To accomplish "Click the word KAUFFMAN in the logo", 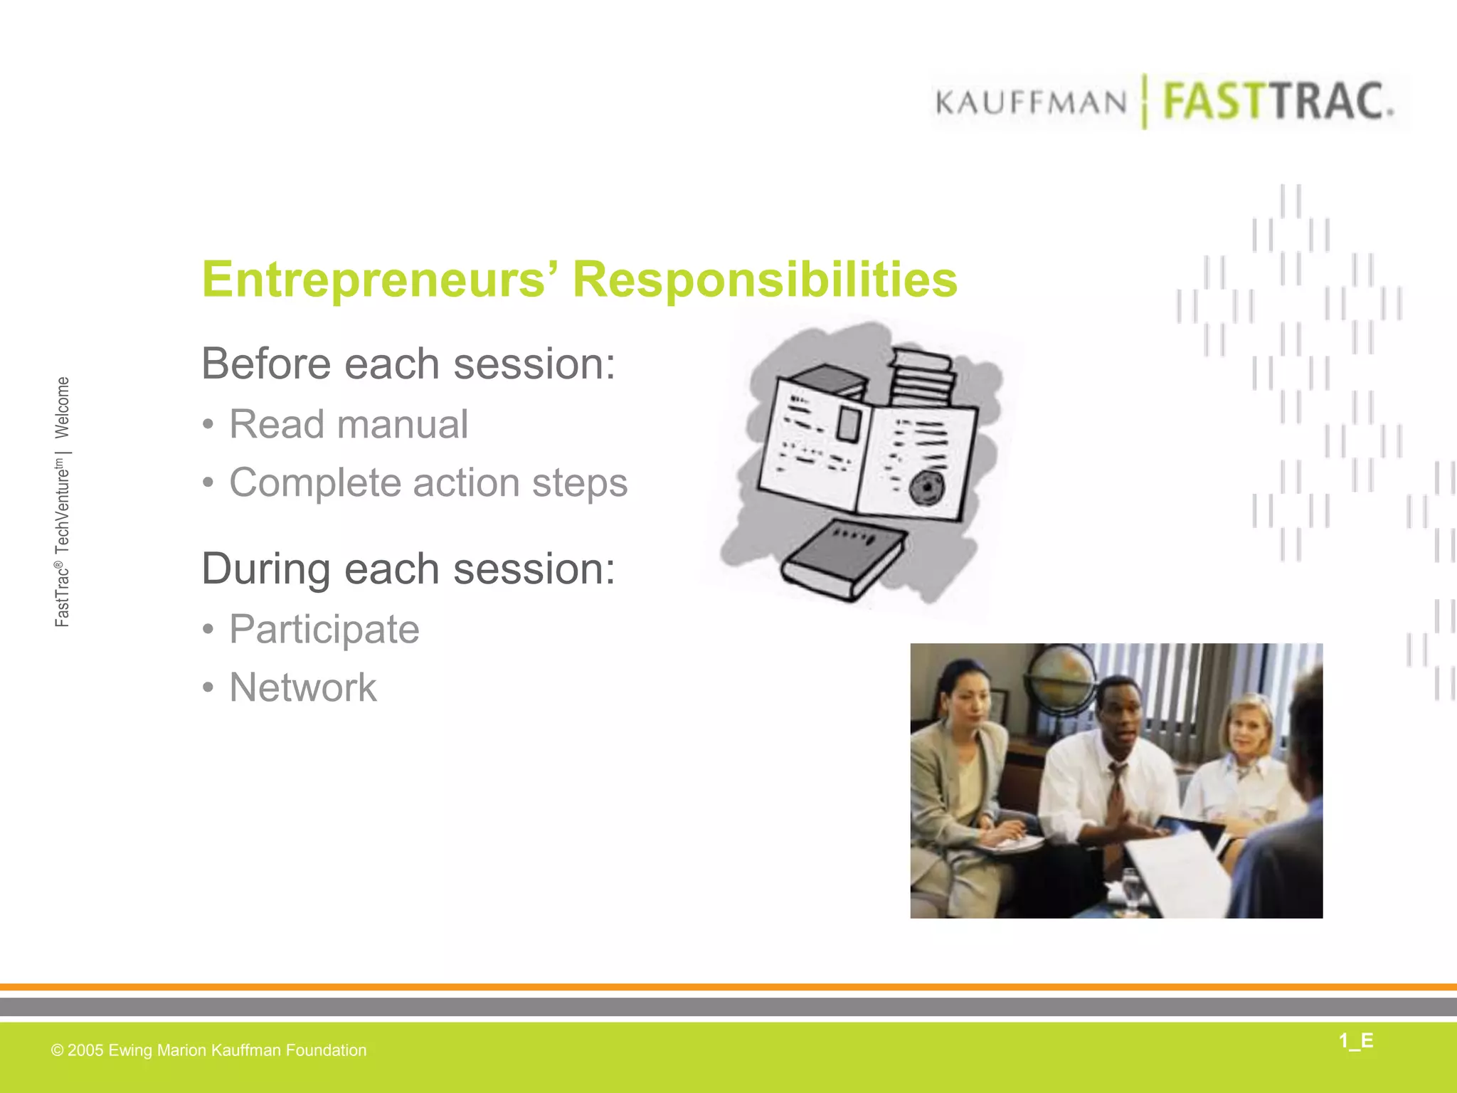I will (1031, 103).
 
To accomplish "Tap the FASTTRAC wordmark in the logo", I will (1277, 102).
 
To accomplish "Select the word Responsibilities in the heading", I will (765, 279).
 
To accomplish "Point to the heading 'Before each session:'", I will (408, 364).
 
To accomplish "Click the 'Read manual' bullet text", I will (348, 424).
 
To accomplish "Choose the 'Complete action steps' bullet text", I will (428, 482).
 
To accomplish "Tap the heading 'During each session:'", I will (408, 569).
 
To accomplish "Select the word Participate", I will (324, 629).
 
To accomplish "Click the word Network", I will (302, 687).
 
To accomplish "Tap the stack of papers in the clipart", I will (921, 377).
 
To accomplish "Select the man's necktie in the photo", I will (1115, 797).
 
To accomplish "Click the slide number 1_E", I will (1355, 1041).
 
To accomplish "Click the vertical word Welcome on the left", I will (63, 408).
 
